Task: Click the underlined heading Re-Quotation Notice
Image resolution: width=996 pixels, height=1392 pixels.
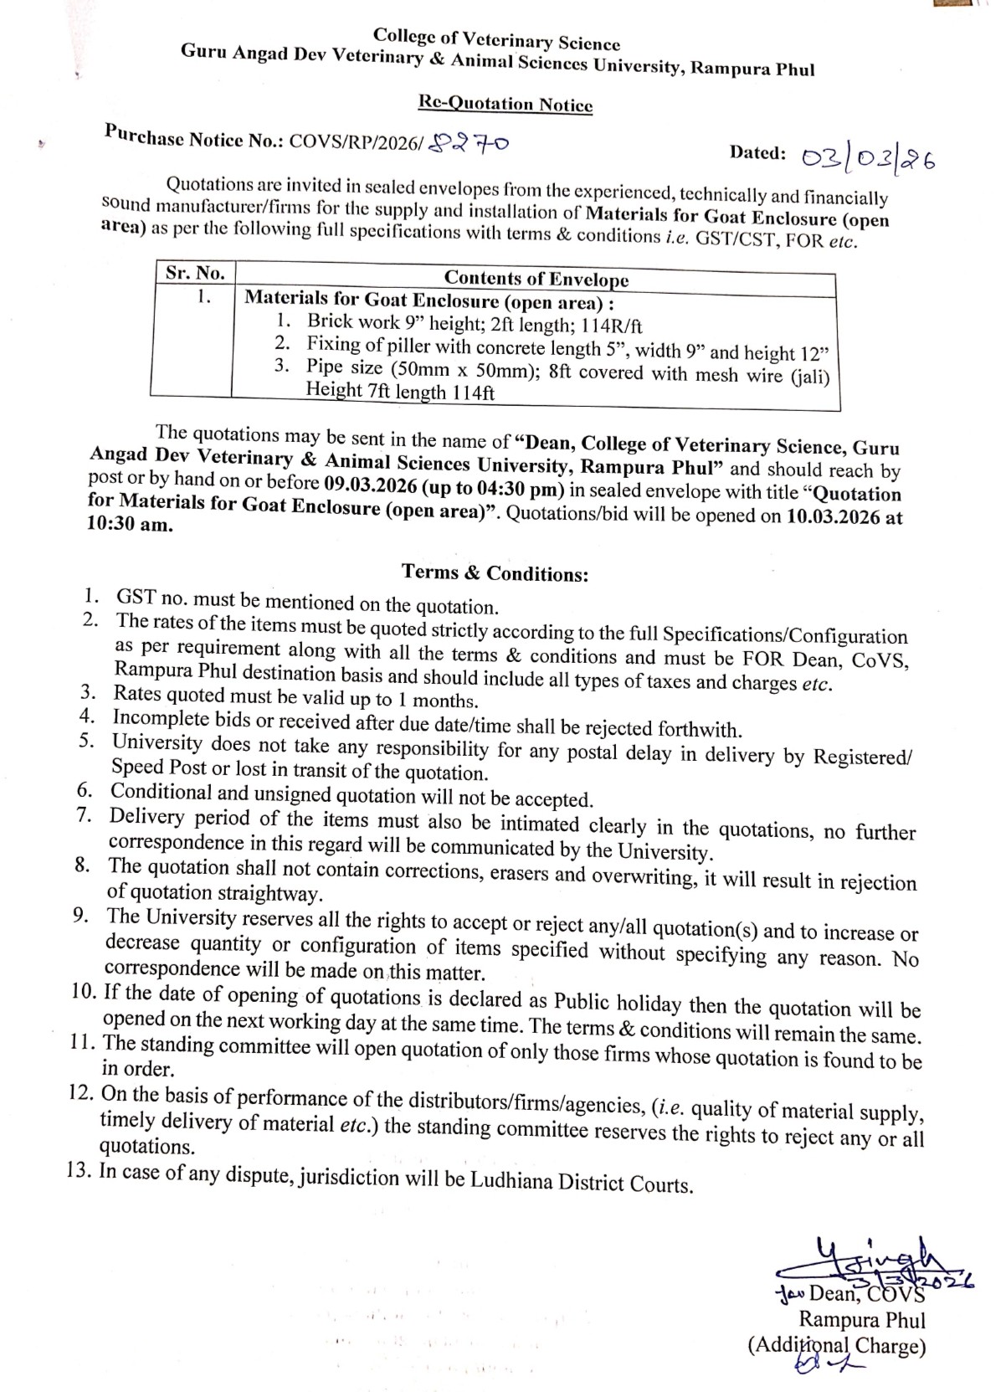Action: pos(505,105)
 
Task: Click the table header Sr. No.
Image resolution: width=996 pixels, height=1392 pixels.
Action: pos(194,273)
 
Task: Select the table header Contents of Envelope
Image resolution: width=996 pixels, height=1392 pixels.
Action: pos(536,278)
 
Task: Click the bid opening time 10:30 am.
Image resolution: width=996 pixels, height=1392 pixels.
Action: pos(130,526)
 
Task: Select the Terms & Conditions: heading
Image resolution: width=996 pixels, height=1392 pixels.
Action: pos(495,573)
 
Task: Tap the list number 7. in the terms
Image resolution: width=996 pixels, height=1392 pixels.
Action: pos(84,816)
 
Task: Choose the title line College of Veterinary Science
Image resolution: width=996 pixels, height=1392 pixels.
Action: pos(496,39)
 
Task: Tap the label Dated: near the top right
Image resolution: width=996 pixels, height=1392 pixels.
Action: pos(757,152)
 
